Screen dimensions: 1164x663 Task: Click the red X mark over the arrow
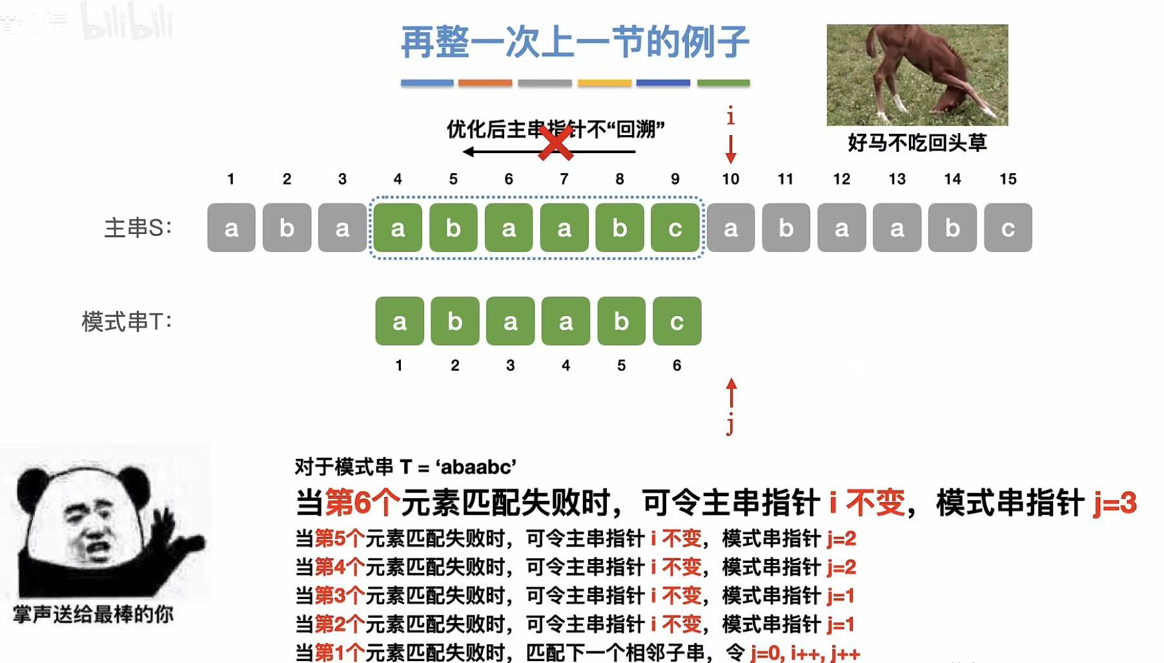(555, 143)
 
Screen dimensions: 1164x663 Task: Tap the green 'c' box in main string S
(675, 227)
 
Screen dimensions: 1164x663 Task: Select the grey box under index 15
(1008, 227)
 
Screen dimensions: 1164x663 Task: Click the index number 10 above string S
(730, 179)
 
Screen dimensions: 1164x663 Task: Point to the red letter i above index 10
(730, 117)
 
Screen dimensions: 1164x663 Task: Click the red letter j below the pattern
(730, 425)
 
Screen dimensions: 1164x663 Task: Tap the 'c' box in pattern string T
(677, 321)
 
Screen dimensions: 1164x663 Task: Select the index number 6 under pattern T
(677, 366)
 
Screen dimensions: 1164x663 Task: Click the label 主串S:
(138, 227)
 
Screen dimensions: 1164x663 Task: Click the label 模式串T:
(127, 321)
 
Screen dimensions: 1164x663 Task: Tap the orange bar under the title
(485, 83)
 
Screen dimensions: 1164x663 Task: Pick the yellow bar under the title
(604, 83)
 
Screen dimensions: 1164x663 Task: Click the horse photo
(917, 74)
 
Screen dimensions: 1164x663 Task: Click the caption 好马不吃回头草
(917, 143)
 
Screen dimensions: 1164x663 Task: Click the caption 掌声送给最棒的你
(94, 614)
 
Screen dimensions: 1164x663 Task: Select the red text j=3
(1115, 503)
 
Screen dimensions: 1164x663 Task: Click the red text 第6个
(362, 503)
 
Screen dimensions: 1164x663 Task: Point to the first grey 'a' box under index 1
(231, 227)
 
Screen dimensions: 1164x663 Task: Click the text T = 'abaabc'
(458, 467)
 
